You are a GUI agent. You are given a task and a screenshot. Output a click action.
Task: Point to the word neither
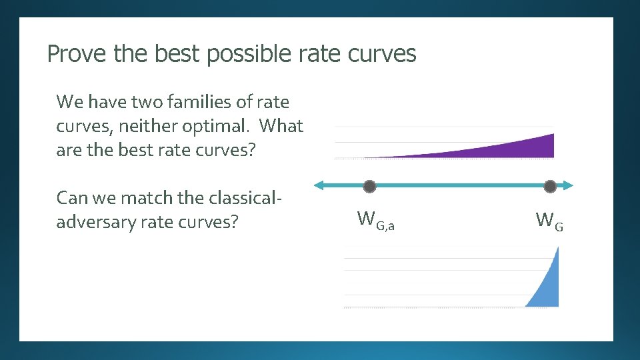click(x=147, y=126)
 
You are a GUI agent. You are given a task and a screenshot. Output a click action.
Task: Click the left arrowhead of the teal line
click(x=319, y=185)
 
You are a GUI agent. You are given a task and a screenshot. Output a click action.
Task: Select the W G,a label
click(x=375, y=220)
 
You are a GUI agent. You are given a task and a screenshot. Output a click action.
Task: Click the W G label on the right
click(x=549, y=220)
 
